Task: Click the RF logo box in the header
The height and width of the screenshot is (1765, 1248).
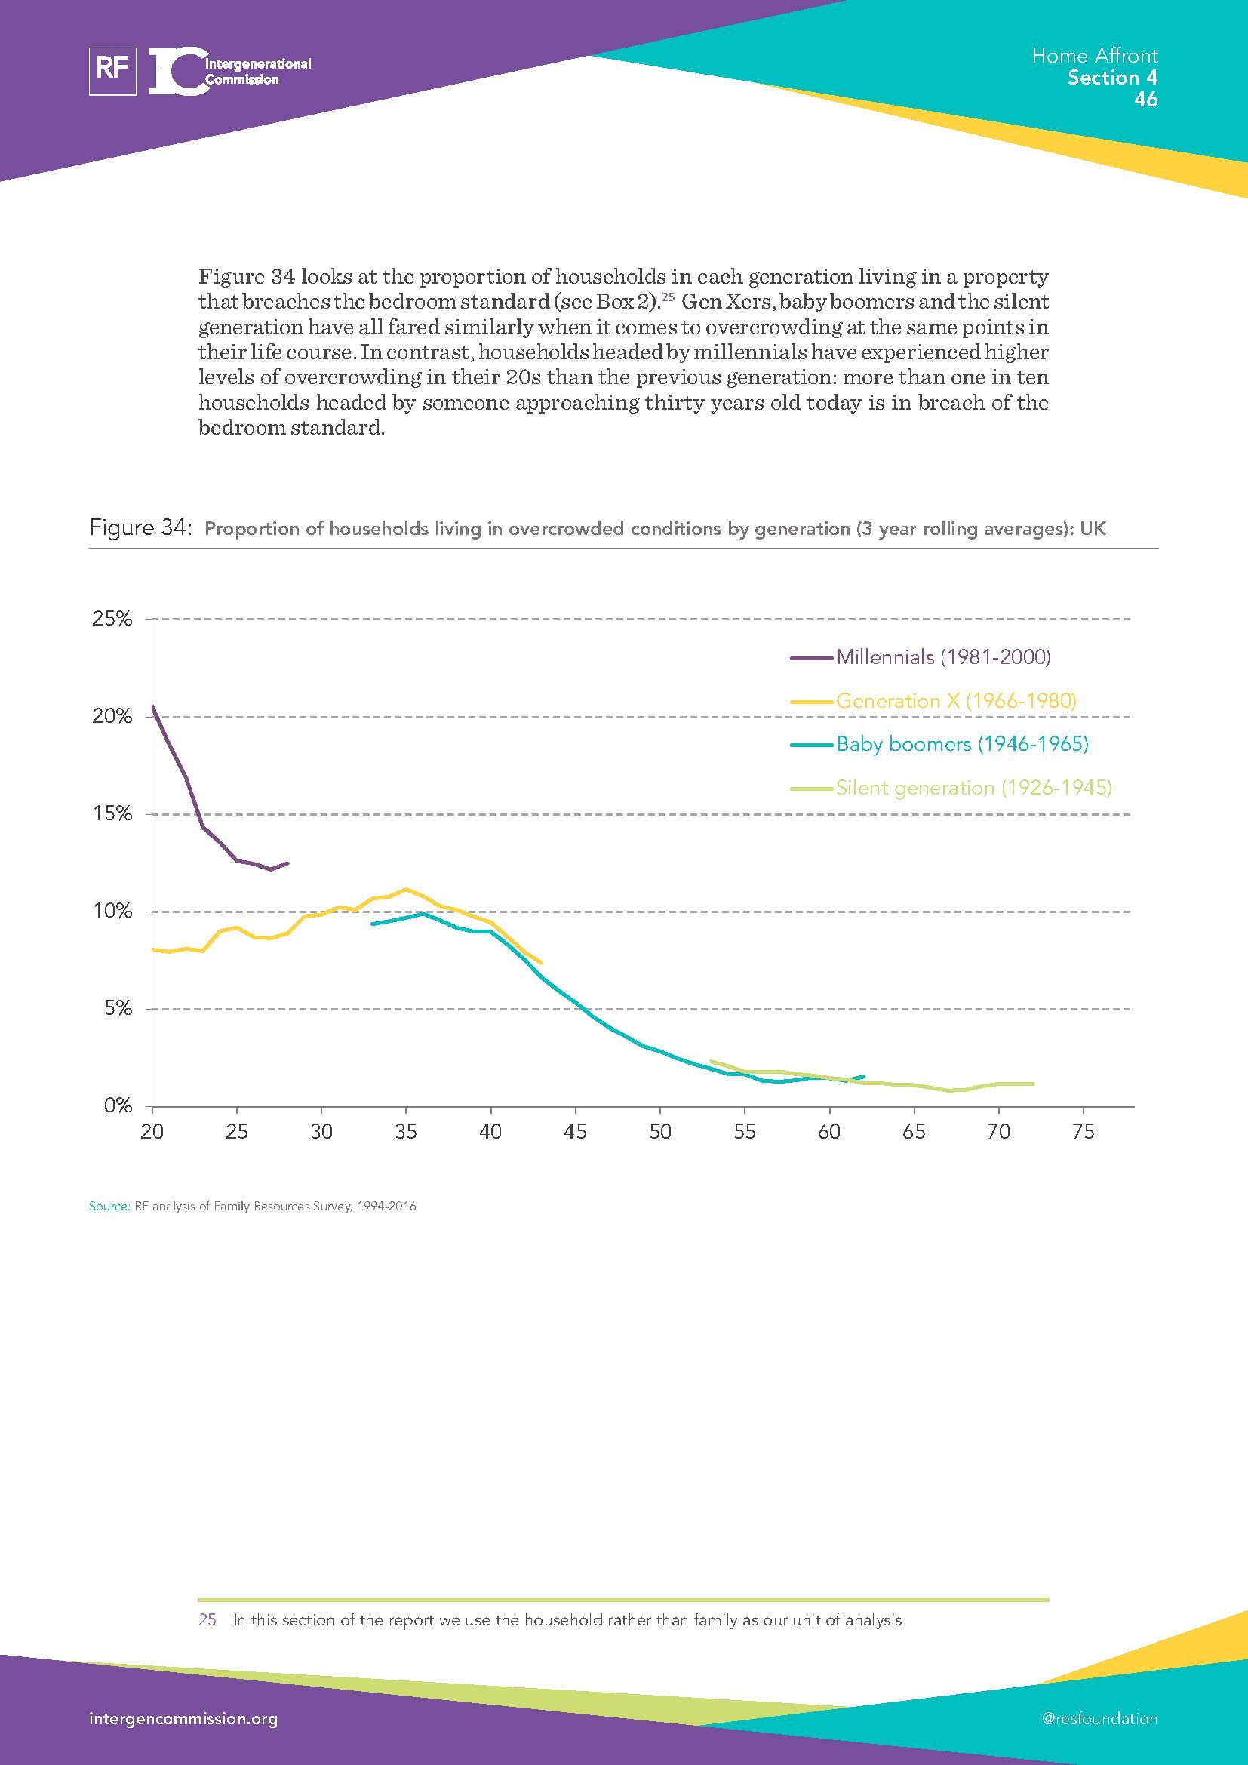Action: tap(113, 72)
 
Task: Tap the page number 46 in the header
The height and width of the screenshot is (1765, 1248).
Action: tap(1145, 100)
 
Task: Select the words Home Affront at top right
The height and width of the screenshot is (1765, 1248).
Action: tap(1094, 56)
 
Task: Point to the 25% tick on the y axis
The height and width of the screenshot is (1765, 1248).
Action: tap(112, 619)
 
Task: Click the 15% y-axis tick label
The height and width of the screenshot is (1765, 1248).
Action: tap(112, 813)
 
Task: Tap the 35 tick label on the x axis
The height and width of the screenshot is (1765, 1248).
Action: tap(406, 1132)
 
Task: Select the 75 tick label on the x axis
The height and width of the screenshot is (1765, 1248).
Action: tap(1083, 1132)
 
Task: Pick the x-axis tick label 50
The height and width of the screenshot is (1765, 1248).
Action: tap(660, 1132)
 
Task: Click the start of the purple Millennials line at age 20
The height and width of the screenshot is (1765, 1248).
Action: tap(153, 706)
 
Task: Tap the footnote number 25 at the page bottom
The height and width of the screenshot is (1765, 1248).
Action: tap(207, 1619)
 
